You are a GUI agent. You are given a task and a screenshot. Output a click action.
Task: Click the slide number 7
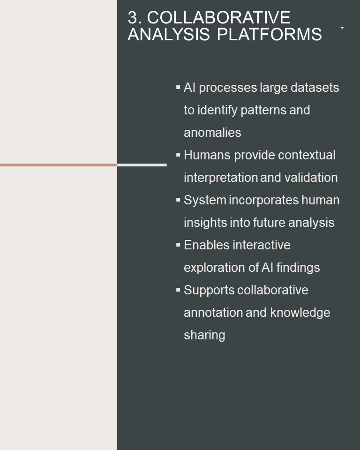coord(342,29)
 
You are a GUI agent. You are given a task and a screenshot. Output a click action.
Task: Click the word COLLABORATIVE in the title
coord(219,17)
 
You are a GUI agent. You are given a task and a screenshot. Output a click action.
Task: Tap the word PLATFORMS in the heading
coord(269,34)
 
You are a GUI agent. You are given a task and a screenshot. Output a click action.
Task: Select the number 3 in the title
coord(132,17)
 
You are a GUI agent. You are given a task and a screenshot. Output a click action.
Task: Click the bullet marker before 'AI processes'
coord(178,87)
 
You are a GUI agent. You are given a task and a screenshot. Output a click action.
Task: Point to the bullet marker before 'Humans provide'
coord(178,155)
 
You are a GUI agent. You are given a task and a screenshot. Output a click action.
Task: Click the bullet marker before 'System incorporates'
coord(178,200)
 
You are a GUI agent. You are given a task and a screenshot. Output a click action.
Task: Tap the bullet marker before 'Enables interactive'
coord(178,245)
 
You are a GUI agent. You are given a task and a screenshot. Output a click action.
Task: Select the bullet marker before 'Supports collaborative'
coord(178,290)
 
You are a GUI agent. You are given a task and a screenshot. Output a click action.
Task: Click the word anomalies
coord(212,133)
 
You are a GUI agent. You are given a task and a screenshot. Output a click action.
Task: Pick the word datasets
coord(315,88)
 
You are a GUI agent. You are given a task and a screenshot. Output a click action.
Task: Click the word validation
coord(311,177)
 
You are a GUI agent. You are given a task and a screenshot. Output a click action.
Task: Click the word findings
coord(298,268)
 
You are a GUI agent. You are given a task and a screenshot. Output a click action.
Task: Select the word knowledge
coord(300,313)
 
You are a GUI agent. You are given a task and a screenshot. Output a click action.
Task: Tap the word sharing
coord(204,335)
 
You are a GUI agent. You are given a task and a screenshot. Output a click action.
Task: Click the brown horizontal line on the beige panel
coord(59,165)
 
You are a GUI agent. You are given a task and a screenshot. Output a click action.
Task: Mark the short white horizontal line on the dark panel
coord(142,165)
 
